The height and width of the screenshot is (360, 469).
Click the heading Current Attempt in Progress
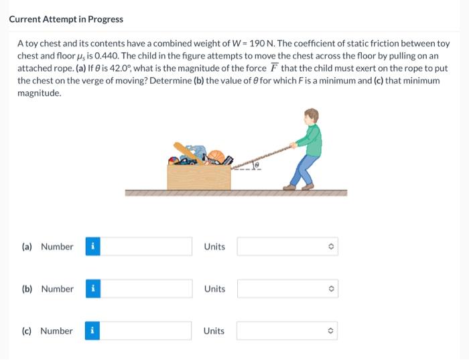(66, 19)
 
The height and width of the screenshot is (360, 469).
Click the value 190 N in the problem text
(261, 44)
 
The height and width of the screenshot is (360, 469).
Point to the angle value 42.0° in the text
(120, 68)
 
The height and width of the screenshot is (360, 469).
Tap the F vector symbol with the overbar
(273, 68)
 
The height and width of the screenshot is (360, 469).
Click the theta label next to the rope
(257, 165)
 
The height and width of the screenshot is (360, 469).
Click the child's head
(312, 117)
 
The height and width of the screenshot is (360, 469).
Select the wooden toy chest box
(199, 177)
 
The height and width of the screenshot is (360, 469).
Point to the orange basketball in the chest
(216, 156)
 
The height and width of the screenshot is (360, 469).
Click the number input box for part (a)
(146, 247)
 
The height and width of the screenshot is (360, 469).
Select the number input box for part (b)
(146, 289)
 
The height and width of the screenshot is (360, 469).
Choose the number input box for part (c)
(145, 331)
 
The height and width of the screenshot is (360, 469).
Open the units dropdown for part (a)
(287, 247)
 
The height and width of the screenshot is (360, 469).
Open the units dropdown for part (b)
(287, 289)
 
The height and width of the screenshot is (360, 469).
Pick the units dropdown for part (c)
(287, 331)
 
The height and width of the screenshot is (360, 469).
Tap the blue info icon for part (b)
(93, 289)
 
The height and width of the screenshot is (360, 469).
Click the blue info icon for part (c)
(92, 331)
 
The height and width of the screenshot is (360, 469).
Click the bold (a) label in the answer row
(27, 247)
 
